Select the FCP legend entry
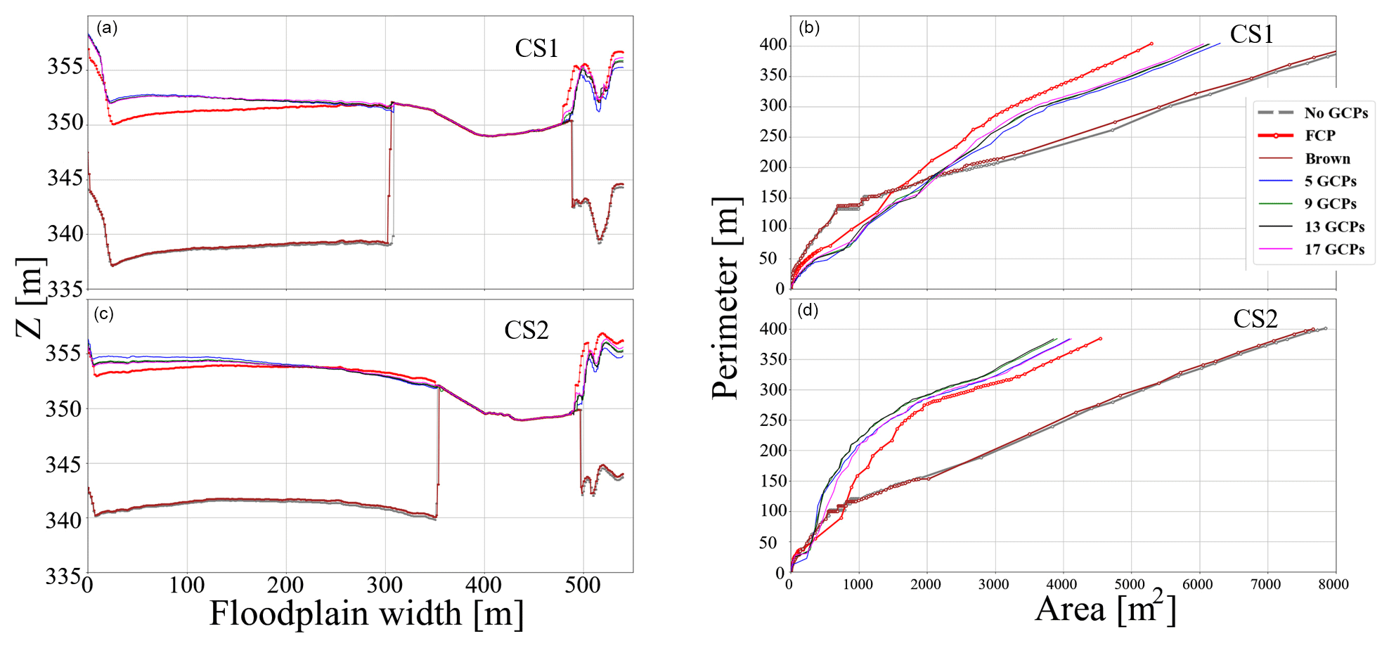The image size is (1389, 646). (x=1319, y=136)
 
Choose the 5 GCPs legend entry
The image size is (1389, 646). (x=1330, y=181)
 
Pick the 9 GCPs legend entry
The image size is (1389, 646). (x=1330, y=204)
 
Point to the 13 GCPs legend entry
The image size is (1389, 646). (x=1334, y=227)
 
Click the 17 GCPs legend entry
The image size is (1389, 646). (x=1334, y=250)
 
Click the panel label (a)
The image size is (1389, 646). (x=107, y=28)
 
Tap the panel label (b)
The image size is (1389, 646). (x=809, y=28)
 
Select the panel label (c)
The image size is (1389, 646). (x=103, y=314)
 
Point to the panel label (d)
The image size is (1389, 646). (x=808, y=311)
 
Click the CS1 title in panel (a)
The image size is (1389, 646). (x=536, y=49)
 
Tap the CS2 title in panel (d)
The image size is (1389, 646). (x=1255, y=319)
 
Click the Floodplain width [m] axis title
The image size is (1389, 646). (x=366, y=614)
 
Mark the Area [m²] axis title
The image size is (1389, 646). (x=1106, y=608)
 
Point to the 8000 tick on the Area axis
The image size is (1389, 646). (x=1333, y=584)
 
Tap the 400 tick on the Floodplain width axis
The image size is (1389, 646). (x=484, y=584)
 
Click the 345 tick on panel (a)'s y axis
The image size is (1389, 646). (x=65, y=178)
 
